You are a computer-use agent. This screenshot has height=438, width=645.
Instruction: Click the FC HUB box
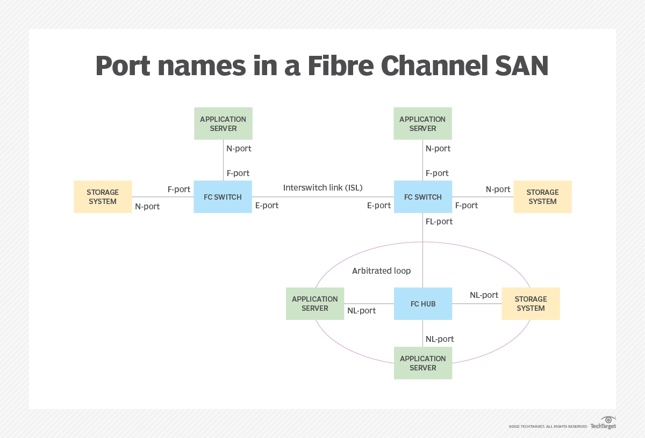click(422, 304)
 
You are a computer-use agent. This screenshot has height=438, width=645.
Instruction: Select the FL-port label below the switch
click(439, 222)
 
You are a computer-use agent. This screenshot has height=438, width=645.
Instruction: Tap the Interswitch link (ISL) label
click(323, 188)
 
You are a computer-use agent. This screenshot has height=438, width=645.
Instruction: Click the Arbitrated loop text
click(381, 271)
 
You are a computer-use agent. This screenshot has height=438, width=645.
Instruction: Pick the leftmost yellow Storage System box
click(103, 196)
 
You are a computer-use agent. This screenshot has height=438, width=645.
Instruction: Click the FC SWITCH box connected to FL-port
click(422, 197)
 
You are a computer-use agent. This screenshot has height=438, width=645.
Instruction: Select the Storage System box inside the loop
click(531, 304)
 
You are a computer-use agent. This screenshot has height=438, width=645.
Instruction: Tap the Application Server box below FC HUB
click(422, 363)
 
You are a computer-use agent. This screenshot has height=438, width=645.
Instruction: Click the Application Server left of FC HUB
click(315, 304)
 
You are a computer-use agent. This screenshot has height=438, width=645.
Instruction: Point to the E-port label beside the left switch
click(267, 206)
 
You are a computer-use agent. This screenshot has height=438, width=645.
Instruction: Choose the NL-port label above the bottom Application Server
click(440, 339)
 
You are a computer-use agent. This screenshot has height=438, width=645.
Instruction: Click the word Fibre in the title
click(342, 66)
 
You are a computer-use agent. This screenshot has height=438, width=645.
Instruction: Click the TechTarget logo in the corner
click(604, 423)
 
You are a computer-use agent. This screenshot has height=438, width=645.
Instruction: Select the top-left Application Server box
click(223, 123)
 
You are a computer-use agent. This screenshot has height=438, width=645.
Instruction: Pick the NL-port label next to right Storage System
click(484, 295)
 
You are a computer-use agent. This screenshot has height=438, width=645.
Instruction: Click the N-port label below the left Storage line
click(147, 206)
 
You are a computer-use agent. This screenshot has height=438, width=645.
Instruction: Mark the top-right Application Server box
click(422, 123)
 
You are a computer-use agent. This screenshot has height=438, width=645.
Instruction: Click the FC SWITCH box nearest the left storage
click(223, 197)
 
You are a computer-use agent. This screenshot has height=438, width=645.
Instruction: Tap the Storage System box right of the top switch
click(542, 196)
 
